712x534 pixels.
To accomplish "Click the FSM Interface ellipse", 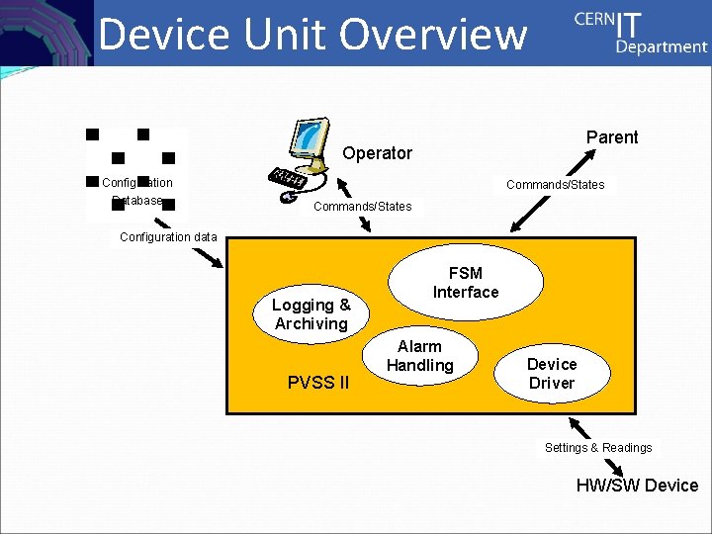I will (x=466, y=282).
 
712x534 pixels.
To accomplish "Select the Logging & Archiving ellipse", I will (x=311, y=314).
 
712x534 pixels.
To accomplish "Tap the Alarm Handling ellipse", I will (x=419, y=356).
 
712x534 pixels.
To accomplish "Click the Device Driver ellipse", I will (x=551, y=374).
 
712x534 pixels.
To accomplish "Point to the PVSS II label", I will (x=317, y=383).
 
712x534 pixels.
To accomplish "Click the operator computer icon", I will (x=303, y=158).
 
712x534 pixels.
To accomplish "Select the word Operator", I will (x=377, y=153).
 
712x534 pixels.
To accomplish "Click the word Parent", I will (x=612, y=137).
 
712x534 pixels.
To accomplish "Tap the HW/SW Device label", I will (x=637, y=486).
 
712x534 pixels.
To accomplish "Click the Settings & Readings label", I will (x=598, y=448).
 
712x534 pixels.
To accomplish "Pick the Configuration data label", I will (x=168, y=237).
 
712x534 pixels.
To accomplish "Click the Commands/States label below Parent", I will (x=555, y=184).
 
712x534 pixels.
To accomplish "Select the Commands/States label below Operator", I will (x=362, y=207).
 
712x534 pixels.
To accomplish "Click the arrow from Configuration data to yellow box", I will (x=211, y=257).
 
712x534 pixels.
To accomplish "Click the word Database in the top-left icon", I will (x=136, y=201).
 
